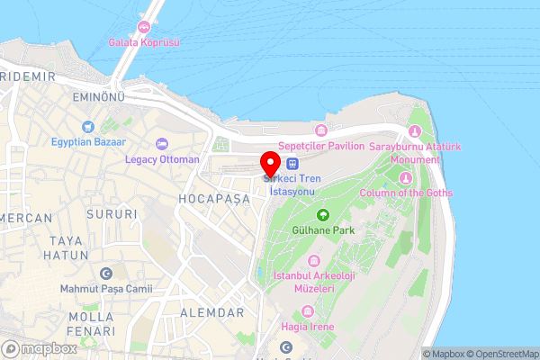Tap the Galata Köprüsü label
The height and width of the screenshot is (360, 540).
click(x=144, y=42)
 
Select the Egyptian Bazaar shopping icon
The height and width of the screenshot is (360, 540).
click(x=88, y=127)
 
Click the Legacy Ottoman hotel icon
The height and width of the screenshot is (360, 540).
click(x=162, y=144)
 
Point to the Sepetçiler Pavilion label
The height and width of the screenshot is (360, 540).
click(x=320, y=146)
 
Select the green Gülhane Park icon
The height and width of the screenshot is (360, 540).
click(x=322, y=215)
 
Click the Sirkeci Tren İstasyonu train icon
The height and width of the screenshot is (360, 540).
click(x=292, y=163)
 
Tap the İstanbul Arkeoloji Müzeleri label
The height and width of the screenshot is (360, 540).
click(x=315, y=283)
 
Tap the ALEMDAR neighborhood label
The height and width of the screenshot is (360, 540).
click(x=211, y=312)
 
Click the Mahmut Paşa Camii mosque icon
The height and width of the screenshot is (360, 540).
click(x=107, y=273)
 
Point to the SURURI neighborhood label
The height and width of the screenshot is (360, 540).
click(x=112, y=214)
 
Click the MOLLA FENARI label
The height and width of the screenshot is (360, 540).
click(x=90, y=324)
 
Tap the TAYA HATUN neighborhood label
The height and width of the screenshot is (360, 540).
click(x=72, y=247)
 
